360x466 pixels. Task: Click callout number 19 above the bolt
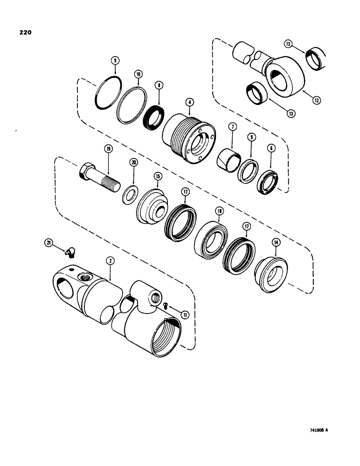(108, 149)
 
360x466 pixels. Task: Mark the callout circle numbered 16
(138, 75)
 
